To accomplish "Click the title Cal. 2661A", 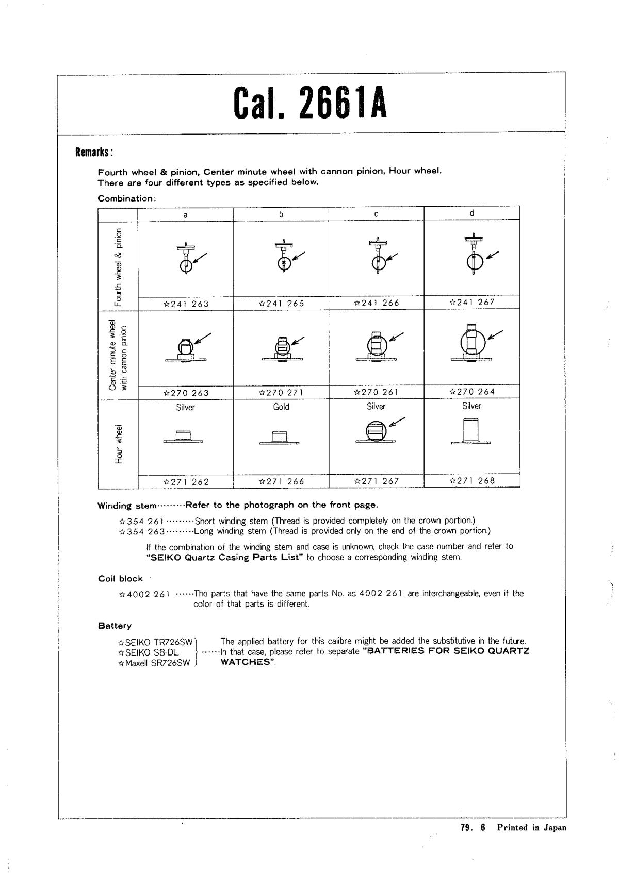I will (309, 102).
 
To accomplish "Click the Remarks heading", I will (94, 153).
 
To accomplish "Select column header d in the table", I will (471, 213).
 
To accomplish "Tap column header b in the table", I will (281, 214).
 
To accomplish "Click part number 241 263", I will (186, 304).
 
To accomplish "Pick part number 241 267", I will (472, 303).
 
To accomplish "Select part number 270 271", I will (281, 393).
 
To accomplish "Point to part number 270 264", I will (472, 392).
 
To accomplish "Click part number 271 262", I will (186, 482).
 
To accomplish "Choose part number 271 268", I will (472, 481).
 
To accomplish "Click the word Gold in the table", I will (281, 407).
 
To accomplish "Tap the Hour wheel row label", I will (119, 444).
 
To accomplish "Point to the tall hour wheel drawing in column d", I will (471, 431).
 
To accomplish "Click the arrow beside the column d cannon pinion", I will (495, 334).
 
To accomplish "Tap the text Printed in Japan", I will (531, 828).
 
